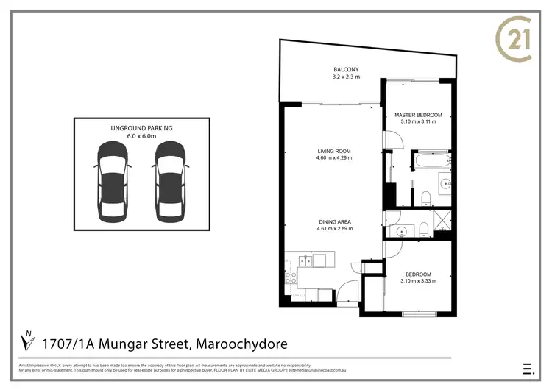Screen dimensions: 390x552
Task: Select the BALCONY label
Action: (344, 69)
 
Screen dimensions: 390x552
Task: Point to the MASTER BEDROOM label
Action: (418, 115)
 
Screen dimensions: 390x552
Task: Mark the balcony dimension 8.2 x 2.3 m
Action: (344, 76)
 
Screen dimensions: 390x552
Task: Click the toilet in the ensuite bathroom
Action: (426, 195)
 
